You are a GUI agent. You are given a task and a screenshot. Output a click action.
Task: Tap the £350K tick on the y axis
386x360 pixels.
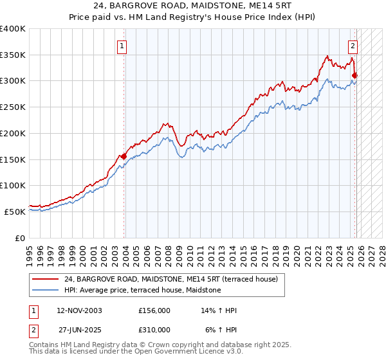13,55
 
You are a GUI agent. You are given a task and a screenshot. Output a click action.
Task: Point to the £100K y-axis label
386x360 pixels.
13,185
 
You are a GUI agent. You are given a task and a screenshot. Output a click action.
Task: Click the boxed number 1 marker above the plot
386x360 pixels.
122,46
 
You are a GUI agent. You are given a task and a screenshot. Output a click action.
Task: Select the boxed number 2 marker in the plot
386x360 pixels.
353,46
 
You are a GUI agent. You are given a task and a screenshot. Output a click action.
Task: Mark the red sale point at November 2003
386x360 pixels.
124,156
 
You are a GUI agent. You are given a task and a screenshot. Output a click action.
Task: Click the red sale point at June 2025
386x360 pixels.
354,76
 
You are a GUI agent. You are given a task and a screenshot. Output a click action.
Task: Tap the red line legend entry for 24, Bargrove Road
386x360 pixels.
170,279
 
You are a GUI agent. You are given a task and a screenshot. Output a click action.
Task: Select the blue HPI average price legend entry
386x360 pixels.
142,290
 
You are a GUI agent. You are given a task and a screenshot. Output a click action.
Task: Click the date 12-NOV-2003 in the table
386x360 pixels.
79,310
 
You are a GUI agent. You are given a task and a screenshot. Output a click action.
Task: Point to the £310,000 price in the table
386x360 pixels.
154,329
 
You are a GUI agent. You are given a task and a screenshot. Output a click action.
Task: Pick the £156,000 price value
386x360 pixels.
154,310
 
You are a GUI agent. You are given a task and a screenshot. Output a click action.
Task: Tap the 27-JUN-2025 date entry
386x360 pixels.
80,329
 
